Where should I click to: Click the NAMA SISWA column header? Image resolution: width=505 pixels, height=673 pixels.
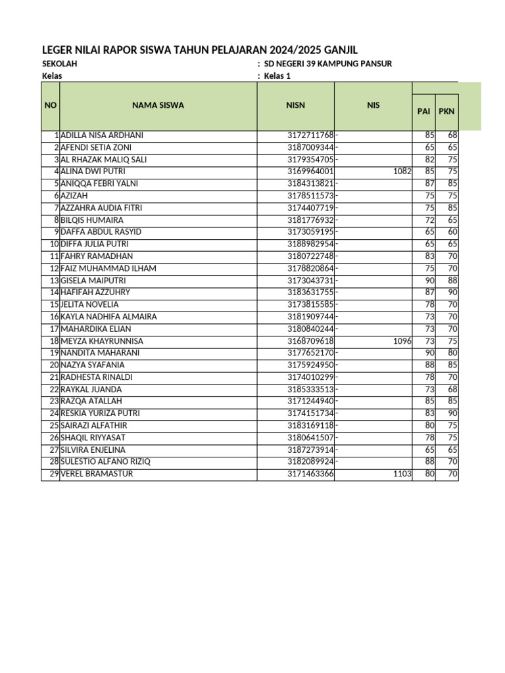pyautogui.click(x=158, y=105)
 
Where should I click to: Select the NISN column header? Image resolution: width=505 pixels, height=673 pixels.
pyautogui.click(x=295, y=105)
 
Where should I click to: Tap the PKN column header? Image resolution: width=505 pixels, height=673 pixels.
pyautogui.click(x=446, y=111)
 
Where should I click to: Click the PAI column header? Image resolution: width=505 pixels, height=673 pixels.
pyautogui.click(x=423, y=111)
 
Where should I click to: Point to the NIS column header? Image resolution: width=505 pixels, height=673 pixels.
pyautogui.click(x=373, y=105)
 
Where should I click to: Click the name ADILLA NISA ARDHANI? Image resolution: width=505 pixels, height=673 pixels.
pyautogui.click(x=102, y=135)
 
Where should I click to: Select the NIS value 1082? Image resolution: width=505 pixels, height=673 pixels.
pyautogui.click(x=402, y=172)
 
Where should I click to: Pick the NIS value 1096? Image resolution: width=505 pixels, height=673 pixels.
pyautogui.click(x=402, y=341)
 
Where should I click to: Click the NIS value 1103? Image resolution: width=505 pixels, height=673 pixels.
pyautogui.click(x=402, y=474)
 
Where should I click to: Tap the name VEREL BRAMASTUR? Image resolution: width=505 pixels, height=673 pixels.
pyautogui.click(x=96, y=474)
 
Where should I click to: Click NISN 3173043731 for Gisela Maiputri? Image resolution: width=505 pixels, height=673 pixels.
pyautogui.click(x=311, y=281)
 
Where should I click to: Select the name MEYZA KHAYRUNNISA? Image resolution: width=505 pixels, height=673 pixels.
pyautogui.click(x=102, y=341)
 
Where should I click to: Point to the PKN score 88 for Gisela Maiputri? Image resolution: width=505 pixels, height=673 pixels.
pyautogui.click(x=452, y=281)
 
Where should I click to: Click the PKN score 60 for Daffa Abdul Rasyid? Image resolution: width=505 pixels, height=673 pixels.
pyautogui.click(x=452, y=232)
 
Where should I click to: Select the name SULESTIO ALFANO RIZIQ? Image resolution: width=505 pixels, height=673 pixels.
pyautogui.click(x=105, y=461)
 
